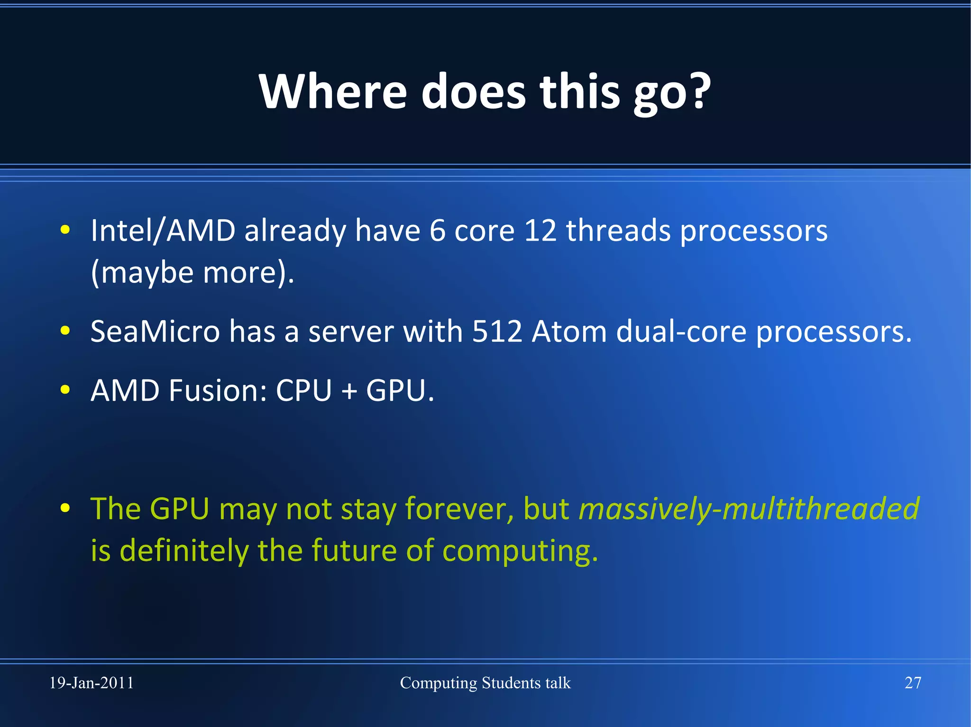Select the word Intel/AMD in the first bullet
(163, 231)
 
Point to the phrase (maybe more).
(192, 273)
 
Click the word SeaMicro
(155, 332)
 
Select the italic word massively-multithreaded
(749, 509)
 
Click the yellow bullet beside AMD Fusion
(65, 390)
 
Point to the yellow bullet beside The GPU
(65, 508)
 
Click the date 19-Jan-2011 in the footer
(92, 683)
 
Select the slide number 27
(913, 683)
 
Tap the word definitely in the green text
(184, 551)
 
